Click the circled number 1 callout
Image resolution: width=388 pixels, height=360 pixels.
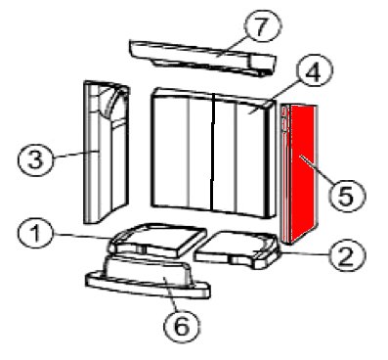click(x=35, y=235)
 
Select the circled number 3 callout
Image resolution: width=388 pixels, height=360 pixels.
click(x=35, y=160)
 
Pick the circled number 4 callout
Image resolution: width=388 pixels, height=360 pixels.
click(x=314, y=72)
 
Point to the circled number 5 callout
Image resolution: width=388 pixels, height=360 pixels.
click(x=346, y=196)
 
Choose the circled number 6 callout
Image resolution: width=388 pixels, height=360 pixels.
click(x=182, y=326)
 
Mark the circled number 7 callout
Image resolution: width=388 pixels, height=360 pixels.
click(x=263, y=27)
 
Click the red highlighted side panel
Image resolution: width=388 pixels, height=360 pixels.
click(x=299, y=174)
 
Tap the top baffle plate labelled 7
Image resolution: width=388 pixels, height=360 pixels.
click(x=202, y=58)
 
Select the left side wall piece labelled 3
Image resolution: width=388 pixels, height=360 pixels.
click(x=107, y=153)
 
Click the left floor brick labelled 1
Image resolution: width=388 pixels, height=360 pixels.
click(x=157, y=240)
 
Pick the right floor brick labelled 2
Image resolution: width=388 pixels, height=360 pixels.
click(x=237, y=249)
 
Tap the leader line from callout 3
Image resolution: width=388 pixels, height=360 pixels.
click(x=75, y=155)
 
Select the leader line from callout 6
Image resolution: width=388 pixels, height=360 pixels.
click(x=171, y=293)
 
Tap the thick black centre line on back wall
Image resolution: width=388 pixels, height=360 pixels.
click(x=213, y=152)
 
